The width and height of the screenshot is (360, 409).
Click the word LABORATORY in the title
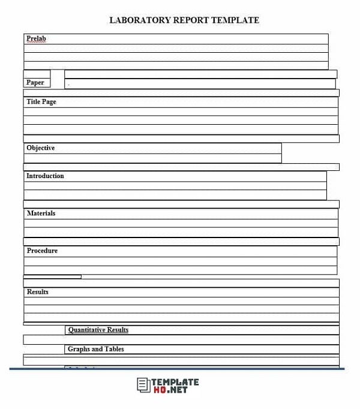[139, 20]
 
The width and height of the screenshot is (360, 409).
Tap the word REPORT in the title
[191, 20]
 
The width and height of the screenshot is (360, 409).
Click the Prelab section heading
[36, 39]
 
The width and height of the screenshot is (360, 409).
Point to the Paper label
[35, 83]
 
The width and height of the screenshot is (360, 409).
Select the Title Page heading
[41, 102]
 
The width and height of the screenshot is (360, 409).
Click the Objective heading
[40, 148]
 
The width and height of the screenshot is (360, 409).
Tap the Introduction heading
[45, 176]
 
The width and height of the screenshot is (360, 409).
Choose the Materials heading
[41, 213]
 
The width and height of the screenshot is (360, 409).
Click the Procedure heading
[42, 251]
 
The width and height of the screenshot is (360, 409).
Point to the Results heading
[38, 292]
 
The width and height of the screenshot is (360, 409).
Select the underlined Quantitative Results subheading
[98, 330]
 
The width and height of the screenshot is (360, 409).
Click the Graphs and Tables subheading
[96, 349]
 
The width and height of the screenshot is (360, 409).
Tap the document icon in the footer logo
[143, 385]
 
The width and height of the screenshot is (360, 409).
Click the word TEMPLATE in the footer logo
[175, 381]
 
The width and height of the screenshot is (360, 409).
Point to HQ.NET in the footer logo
[170, 390]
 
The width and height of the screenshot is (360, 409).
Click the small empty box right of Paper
[57, 79]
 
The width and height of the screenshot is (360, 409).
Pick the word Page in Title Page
[49, 102]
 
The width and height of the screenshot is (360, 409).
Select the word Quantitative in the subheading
[86, 330]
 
